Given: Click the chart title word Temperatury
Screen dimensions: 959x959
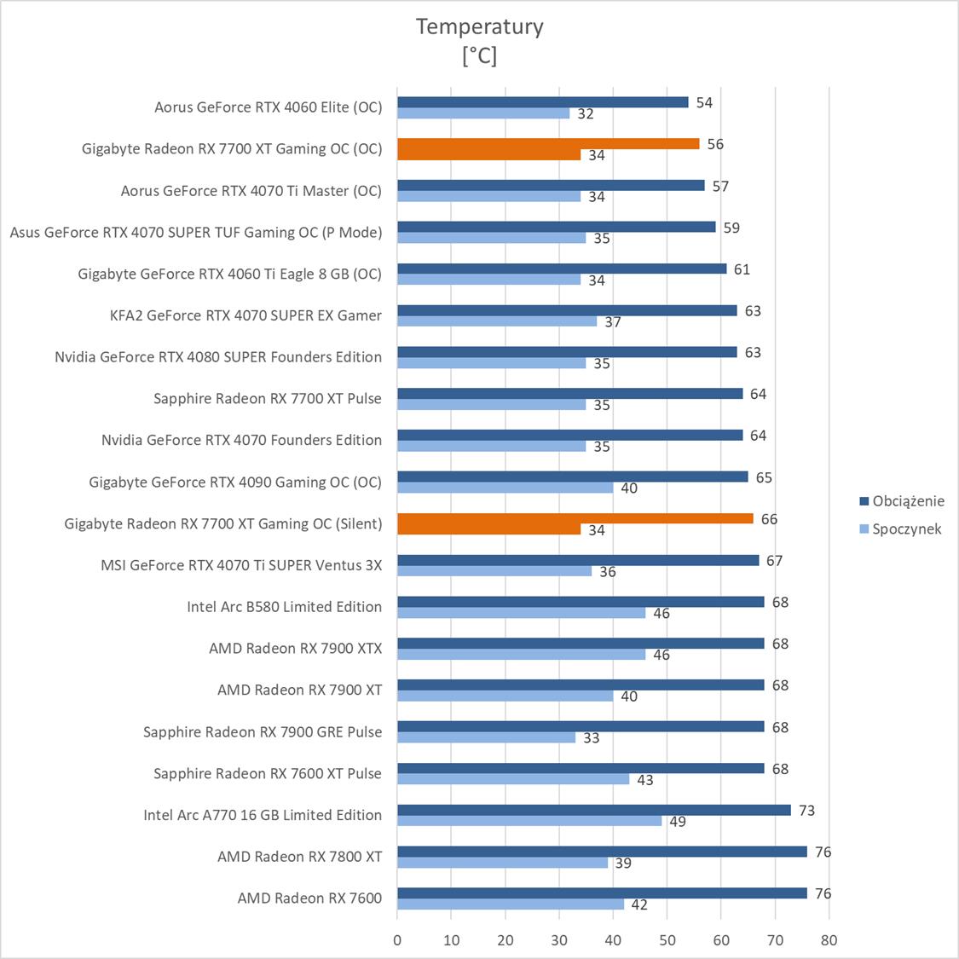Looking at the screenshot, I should tap(479, 26).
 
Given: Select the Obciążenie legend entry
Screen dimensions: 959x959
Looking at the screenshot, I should tap(908, 501).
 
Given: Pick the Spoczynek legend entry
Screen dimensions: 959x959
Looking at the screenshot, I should tap(906, 529).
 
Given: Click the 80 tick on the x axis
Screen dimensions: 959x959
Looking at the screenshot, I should tap(829, 940).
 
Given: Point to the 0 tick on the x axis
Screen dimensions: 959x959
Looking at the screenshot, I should tap(397, 940).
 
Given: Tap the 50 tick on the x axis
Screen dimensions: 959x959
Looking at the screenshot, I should tap(667, 940).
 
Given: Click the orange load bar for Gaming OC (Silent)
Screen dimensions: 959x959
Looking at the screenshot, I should tap(575, 518).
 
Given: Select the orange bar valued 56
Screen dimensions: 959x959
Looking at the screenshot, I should tap(548, 143).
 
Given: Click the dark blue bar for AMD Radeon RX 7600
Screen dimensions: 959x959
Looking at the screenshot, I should tap(602, 893).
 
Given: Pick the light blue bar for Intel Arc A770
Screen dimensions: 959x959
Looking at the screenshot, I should tap(529, 821).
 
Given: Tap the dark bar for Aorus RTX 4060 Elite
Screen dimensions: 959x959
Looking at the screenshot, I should tap(543, 102).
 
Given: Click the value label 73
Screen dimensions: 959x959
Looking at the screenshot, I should tap(806, 810).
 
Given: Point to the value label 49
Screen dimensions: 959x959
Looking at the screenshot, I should tap(678, 822).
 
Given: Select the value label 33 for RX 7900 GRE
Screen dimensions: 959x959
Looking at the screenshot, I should tap(592, 738).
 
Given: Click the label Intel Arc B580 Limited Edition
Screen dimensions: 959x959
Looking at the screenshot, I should tap(284, 607).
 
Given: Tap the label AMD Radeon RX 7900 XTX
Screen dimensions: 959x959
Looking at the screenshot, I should tap(295, 649).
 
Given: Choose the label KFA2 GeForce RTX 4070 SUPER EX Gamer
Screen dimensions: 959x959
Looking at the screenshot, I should tap(246, 315).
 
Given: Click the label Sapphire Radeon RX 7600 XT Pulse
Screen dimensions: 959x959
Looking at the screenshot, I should tap(267, 773).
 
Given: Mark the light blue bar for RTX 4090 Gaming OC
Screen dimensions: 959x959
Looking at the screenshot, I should tap(505, 488).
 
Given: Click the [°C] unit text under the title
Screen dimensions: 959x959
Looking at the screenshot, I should tap(479, 56).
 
